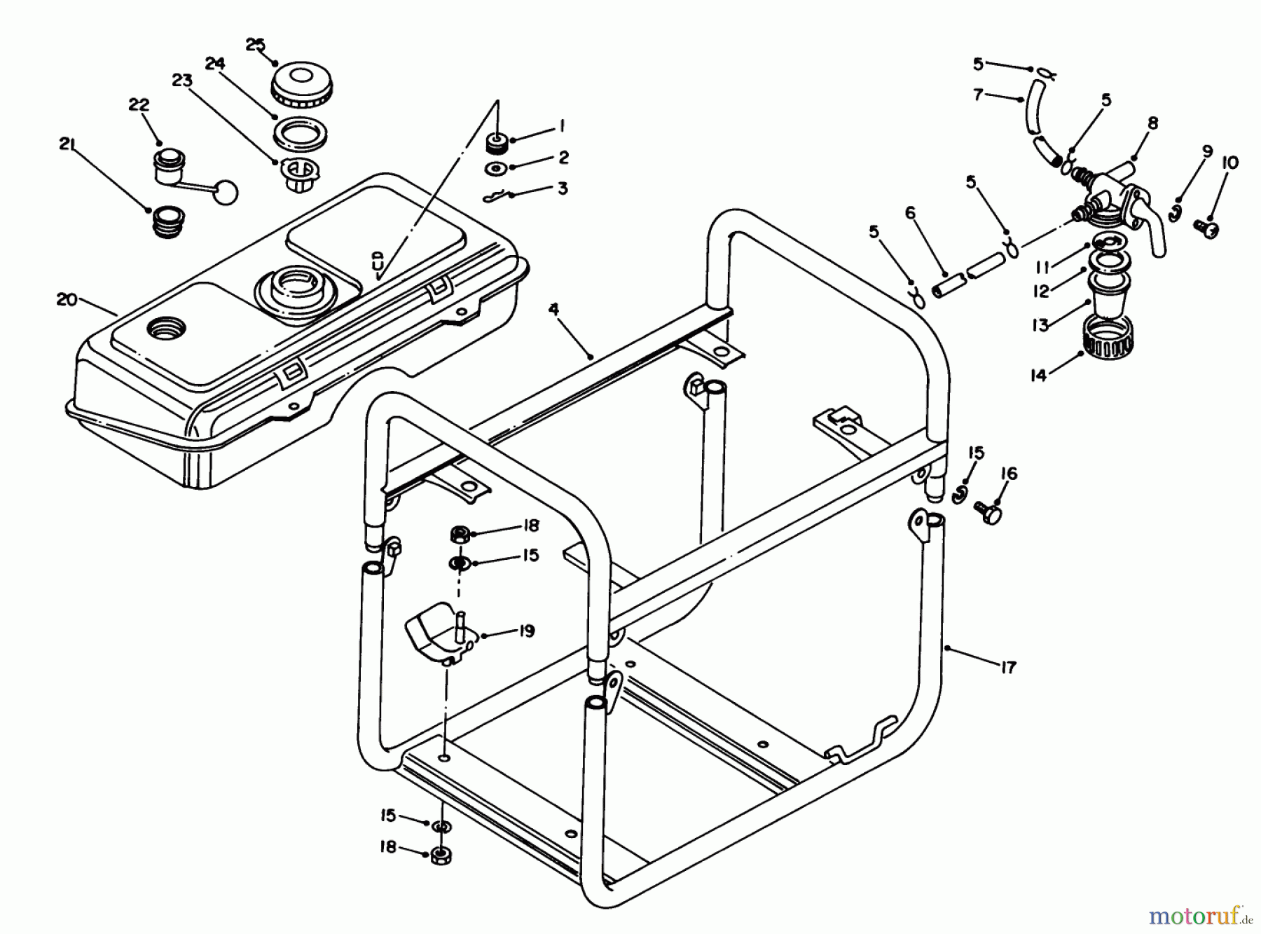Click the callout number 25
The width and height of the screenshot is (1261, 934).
[256, 45]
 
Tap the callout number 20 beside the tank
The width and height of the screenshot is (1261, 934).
[67, 299]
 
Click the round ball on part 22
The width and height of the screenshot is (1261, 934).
[226, 193]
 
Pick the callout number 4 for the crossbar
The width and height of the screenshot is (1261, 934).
[553, 309]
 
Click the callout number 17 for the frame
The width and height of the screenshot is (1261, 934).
[1007, 667]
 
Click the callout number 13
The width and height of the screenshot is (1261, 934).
[1040, 324]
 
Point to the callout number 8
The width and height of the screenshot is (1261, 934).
[1152, 124]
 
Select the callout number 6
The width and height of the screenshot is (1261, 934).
[911, 212]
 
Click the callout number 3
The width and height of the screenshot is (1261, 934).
[563, 188]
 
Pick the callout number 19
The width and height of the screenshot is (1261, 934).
[526, 631]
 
